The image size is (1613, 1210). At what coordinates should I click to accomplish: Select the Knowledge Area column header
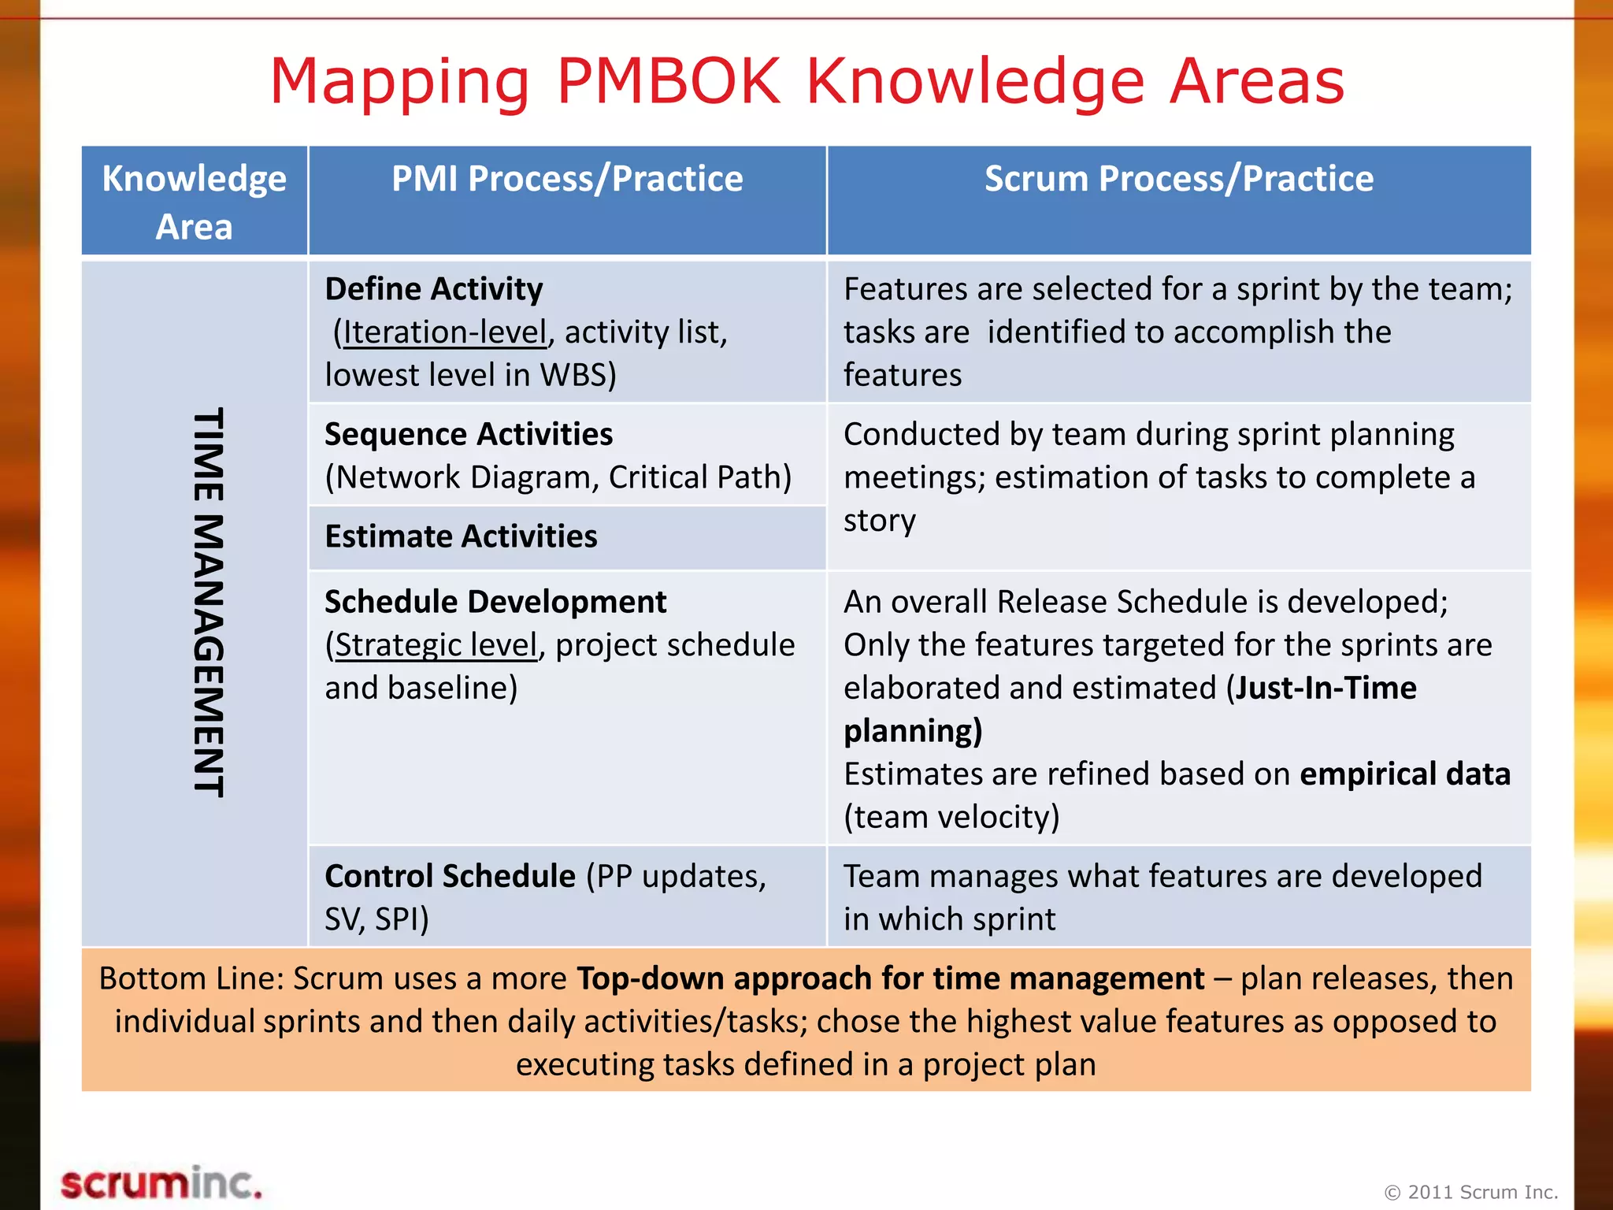pos(194,202)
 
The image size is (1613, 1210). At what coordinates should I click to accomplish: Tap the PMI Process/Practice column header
pos(567,179)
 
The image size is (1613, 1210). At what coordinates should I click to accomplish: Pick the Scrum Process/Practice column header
pos(1178,179)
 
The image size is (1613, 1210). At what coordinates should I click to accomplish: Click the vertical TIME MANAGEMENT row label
pos(209,603)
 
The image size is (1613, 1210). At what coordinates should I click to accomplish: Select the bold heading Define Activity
pos(434,289)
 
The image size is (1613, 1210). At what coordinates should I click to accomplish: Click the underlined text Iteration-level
pos(445,332)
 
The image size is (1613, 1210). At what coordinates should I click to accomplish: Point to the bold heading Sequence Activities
pos(469,434)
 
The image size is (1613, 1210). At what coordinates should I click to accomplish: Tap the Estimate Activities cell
pos(462,536)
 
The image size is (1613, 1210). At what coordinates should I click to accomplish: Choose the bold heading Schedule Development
pos(495,602)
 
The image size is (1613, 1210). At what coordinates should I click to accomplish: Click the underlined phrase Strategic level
pos(436,645)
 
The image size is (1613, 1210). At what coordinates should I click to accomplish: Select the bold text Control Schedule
pos(450,876)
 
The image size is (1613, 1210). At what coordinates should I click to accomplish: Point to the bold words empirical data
pos(1405,774)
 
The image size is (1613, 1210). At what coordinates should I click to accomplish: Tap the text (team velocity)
pos(951,817)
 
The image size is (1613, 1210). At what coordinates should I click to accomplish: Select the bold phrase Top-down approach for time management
pos(890,978)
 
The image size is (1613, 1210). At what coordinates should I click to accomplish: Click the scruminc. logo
pos(161,1184)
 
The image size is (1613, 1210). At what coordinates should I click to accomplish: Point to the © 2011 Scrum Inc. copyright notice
pos(1471,1192)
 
